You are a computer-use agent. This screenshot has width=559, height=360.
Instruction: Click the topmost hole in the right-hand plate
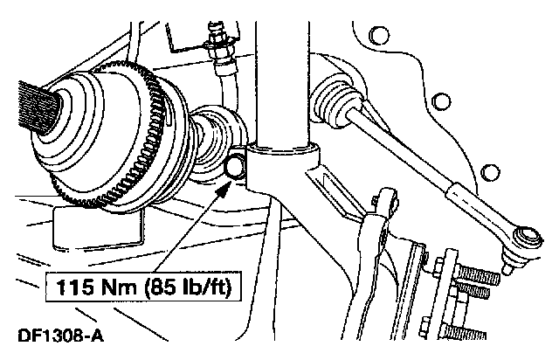(x=380, y=35)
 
